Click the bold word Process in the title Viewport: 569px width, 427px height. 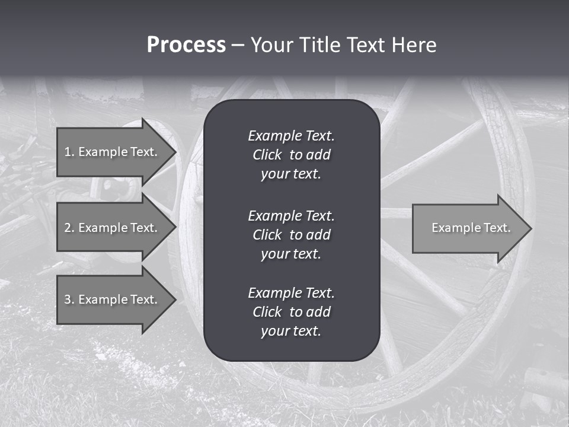[x=186, y=45]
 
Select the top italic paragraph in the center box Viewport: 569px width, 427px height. [x=291, y=155]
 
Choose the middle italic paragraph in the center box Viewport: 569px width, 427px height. [x=291, y=235]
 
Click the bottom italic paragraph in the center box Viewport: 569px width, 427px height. [x=291, y=312]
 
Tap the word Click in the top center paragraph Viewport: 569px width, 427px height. [x=267, y=155]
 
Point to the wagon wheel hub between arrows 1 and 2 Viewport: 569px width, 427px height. [x=112, y=189]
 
